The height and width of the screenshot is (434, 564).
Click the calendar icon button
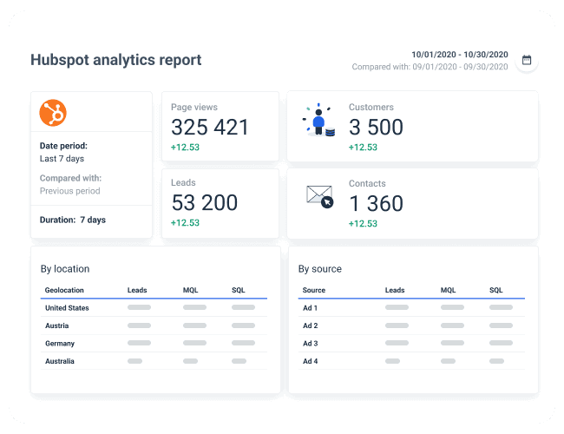(526, 61)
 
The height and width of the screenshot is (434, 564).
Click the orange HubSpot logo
(53, 112)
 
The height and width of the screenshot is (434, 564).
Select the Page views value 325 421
(209, 127)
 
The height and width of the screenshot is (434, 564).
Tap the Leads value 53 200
(204, 203)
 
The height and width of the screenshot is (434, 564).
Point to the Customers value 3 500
(376, 127)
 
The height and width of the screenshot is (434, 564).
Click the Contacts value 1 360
(376, 203)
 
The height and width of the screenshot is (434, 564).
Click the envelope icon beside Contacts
(319, 196)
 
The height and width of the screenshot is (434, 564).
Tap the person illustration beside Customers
(319, 122)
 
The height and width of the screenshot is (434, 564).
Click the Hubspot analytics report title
(115, 60)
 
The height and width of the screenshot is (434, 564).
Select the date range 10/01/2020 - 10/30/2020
(459, 53)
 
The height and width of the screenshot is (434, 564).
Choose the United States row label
(67, 308)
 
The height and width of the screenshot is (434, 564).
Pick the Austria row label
(57, 325)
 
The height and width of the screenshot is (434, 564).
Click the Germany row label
(60, 343)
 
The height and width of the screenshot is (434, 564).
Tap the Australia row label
(60, 360)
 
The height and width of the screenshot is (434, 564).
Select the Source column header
(313, 290)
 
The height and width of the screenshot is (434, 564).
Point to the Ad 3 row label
(310, 343)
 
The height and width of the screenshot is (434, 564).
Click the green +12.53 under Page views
(185, 148)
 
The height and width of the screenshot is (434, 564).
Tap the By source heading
(320, 269)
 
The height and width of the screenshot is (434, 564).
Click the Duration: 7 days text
(73, 220)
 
